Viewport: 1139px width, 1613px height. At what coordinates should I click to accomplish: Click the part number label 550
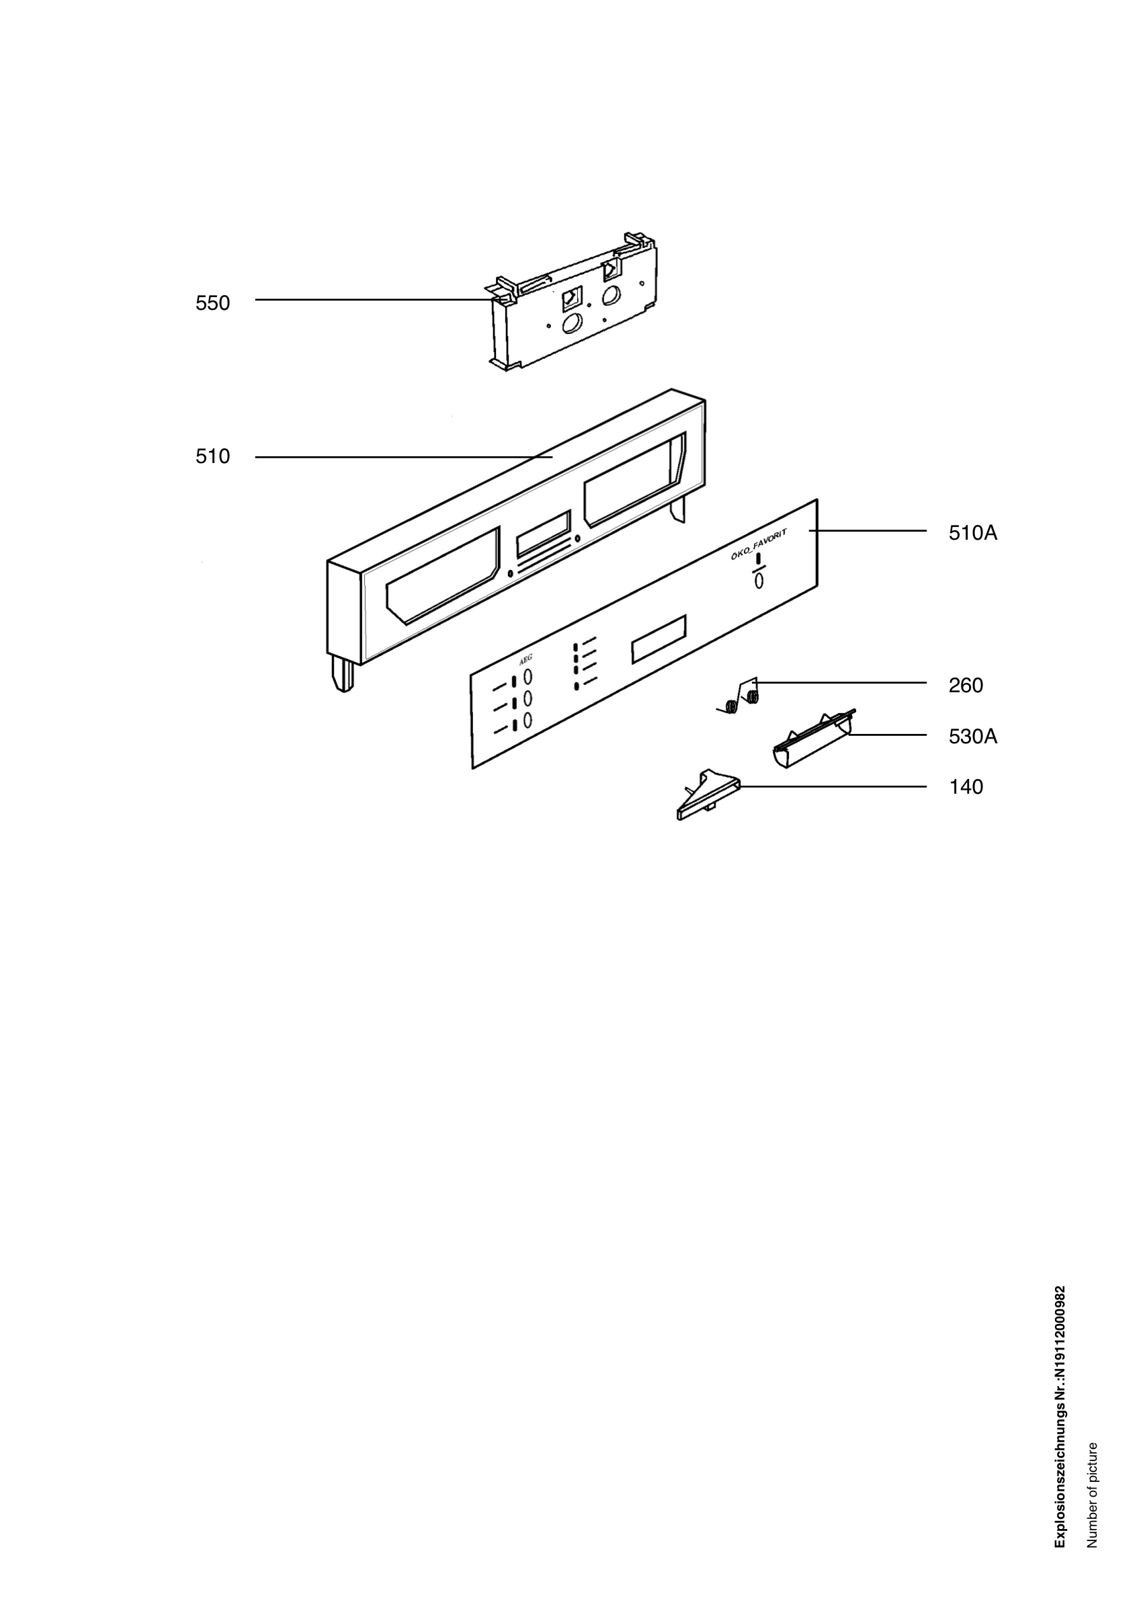[213, 303]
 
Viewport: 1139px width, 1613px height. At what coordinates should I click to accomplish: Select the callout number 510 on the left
[213, 456]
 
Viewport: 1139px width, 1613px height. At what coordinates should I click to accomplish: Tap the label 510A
[972, 533]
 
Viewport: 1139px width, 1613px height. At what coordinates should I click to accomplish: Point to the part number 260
[966, 686]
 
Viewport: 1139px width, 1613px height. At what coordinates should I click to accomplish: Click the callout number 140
[966, 787]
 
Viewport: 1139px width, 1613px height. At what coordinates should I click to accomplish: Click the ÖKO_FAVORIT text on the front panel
[758, 545]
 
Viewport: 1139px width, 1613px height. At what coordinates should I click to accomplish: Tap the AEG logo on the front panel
[525, 660]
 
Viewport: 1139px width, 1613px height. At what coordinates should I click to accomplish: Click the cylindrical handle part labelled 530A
[813, 739]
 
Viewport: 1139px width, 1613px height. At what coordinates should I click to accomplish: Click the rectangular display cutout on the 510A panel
[659, 638]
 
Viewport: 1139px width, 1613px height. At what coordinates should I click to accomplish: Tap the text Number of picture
[1092, 1494]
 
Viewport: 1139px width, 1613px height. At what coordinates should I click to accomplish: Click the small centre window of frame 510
[544, 534]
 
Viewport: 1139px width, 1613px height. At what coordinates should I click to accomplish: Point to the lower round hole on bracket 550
[573, 323]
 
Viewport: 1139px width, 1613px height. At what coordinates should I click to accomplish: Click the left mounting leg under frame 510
[342, 673]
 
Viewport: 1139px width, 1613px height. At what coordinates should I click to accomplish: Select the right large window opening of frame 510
[635, 481]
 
